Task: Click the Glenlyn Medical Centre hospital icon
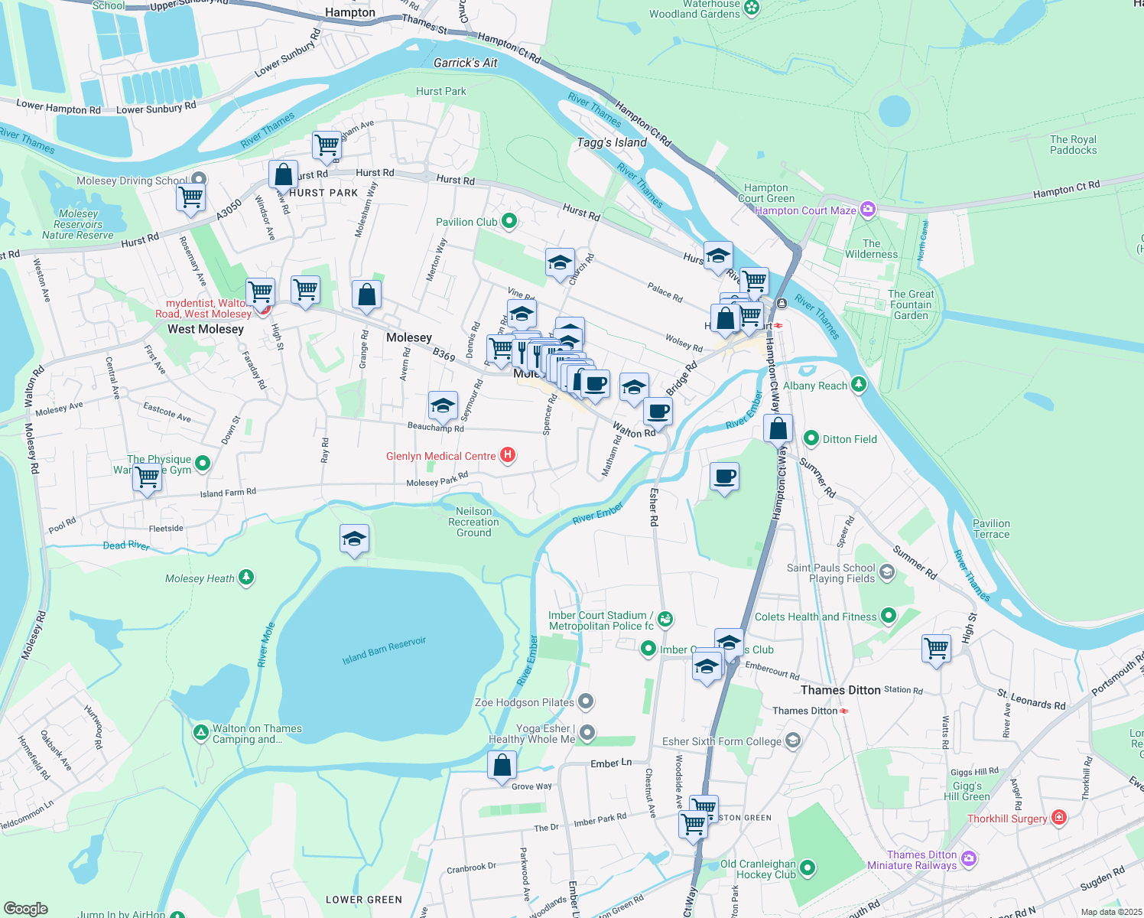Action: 507,456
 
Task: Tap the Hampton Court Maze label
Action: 805,210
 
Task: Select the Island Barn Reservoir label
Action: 384,650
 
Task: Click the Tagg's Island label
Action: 612,143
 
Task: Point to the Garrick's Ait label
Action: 465,63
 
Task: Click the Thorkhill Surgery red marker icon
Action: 1058,819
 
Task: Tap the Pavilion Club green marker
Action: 509,222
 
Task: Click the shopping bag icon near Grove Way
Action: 502,766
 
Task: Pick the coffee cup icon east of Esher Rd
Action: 724,478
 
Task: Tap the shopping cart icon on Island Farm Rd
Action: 147,478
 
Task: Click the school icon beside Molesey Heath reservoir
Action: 354,539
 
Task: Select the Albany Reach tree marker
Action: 859,385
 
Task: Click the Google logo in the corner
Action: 25,909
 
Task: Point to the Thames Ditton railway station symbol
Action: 844,711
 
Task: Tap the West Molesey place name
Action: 205,329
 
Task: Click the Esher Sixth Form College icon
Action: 792,741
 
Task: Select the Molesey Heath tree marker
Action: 246,578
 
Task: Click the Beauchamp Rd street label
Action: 435,428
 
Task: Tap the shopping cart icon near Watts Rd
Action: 936,649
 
